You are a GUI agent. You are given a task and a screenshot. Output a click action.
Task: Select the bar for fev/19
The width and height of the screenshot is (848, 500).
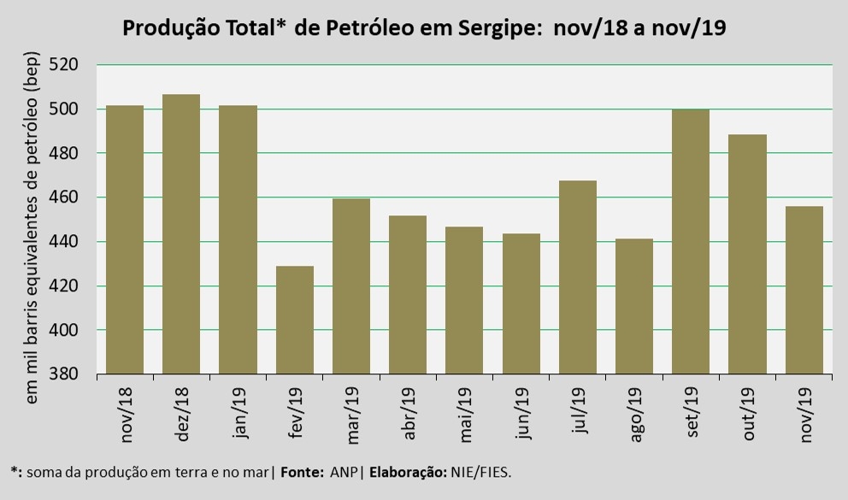pyautogui.click(x=294, y=320)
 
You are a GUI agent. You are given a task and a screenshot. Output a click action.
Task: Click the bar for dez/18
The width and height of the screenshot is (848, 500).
pyautogui.click(x=181, y=234)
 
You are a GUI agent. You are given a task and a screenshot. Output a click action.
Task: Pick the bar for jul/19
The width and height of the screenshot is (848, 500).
pyautogui.click(x=577, y=277)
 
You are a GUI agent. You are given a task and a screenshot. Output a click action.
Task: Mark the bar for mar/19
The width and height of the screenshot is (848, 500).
pyautogui.click(x=350, y=286)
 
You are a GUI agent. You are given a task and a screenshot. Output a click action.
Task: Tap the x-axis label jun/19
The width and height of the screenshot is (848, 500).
pyautogui.click(x=521, y=414)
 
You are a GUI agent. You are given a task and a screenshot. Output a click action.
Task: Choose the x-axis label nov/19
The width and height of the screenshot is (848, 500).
pyautogui.click(x=804, y=415)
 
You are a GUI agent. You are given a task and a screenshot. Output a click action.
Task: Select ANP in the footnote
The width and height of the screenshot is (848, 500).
pyautogui.click(x=342, y=471)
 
